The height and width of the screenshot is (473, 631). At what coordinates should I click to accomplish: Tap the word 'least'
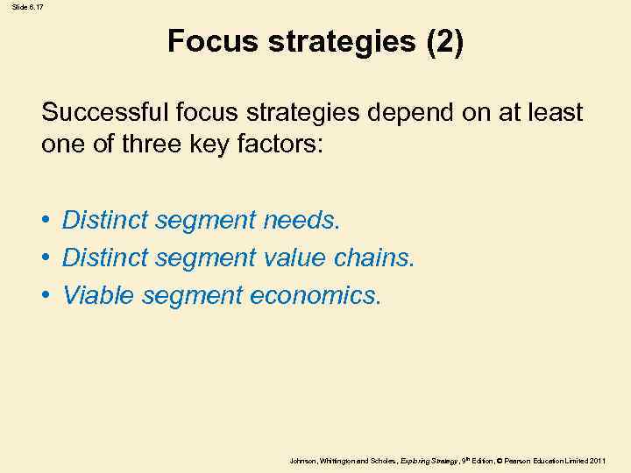click(x=556, y=113)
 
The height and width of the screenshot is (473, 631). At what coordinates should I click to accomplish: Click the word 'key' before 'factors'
click(x=214, y=145)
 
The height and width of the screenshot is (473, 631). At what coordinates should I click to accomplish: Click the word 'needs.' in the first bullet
click(x=301, y=220)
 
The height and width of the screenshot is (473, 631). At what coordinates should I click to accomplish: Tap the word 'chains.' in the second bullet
click(x=376, y=258)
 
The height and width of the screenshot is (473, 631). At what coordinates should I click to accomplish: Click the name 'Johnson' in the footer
click(x=302, y=460)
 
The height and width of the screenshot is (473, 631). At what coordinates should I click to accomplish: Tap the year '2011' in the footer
click(x=598, y=460)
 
